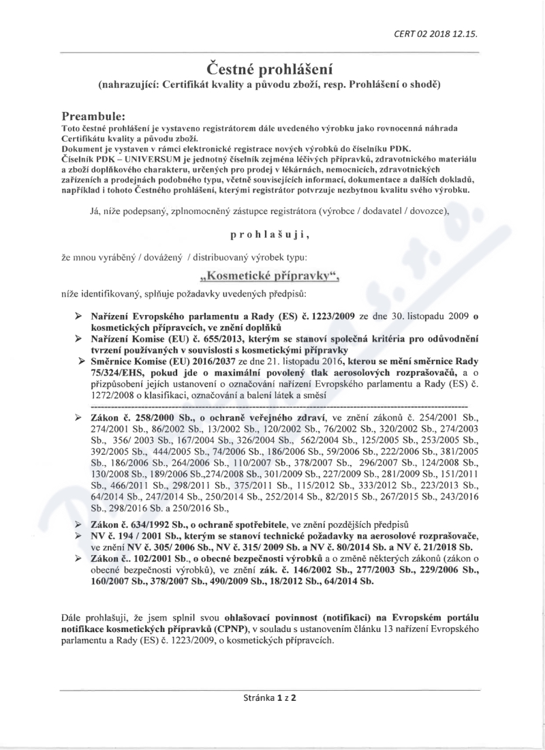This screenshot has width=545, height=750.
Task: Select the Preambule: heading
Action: [x=95, y=100]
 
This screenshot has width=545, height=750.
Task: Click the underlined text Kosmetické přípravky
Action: [x=271, y=277]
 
